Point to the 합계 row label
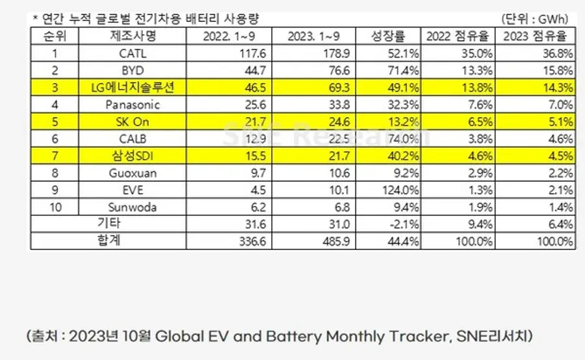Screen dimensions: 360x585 [x=108, y=241]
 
